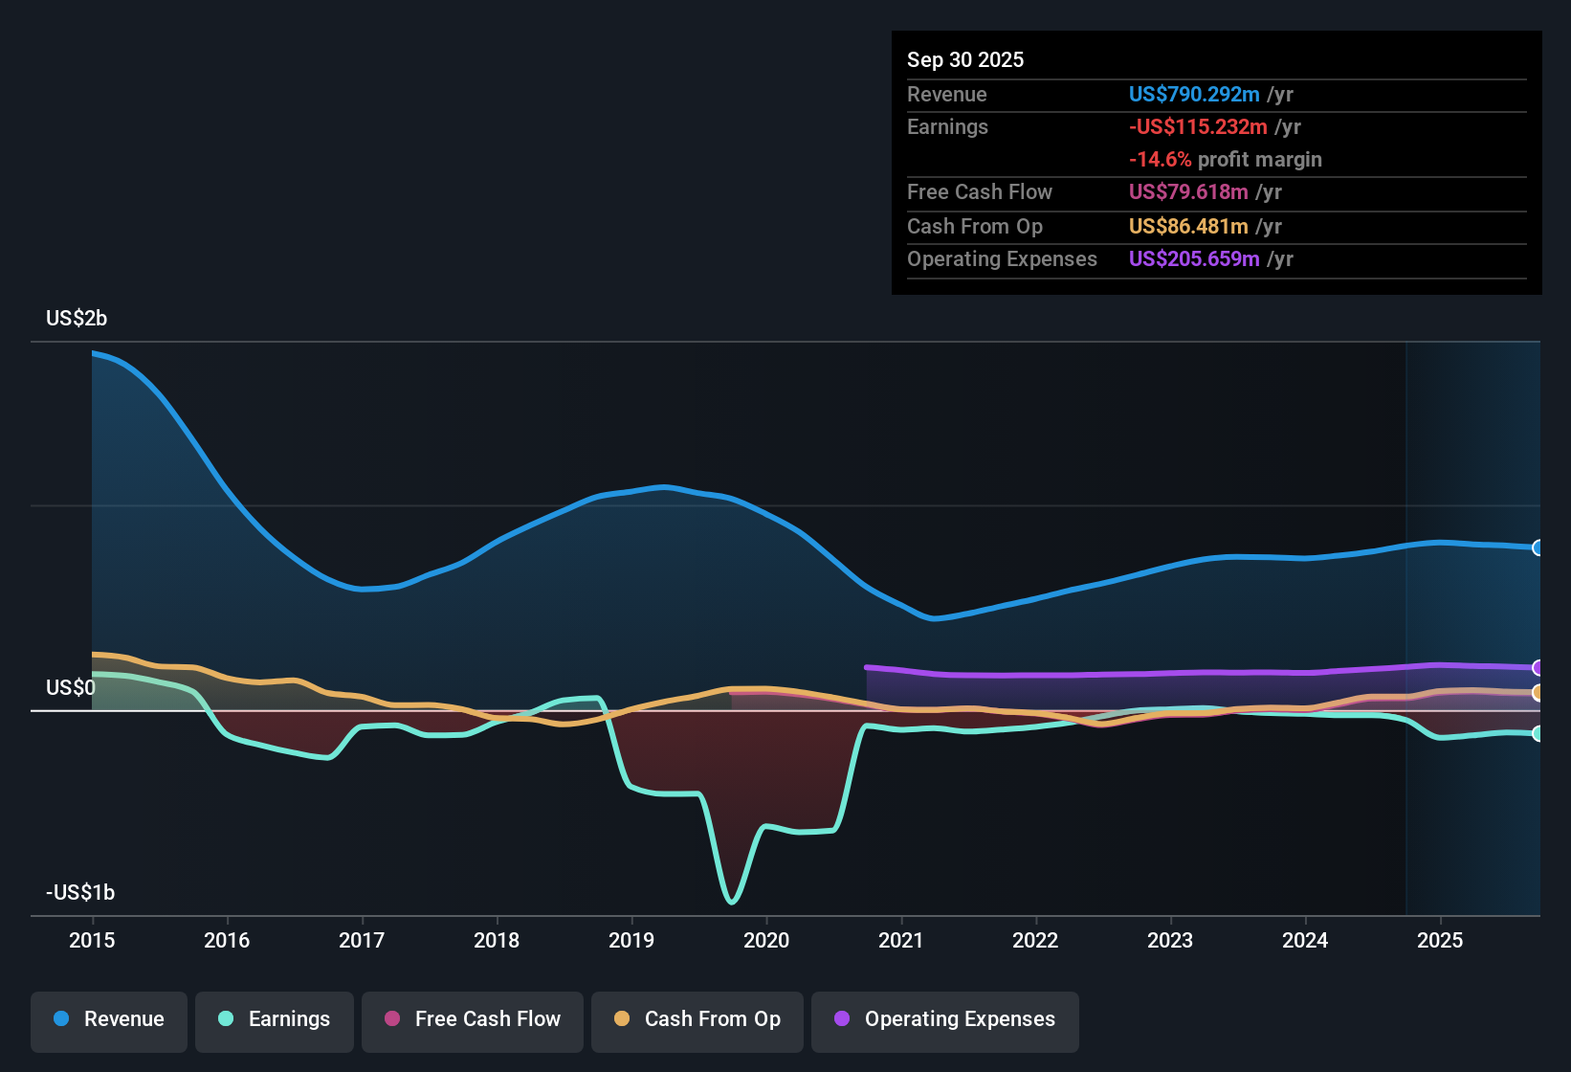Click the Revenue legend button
(109, 1019)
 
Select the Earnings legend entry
(275, 1019)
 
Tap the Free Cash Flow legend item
(473, 1019)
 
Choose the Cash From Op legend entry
(697, 1019)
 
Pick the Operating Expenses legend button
(945, 1019)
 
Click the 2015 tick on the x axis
(92, 940)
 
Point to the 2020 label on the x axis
(766, 940)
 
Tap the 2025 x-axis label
(1440, 940)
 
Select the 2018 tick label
(497, 940)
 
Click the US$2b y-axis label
(77, 318)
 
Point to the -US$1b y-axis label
(80, 892)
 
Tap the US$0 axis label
(71, 687)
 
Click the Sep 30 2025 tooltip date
(965, 59)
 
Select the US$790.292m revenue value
(1194, 94)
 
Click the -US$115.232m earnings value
(1198, 126)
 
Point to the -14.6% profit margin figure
(1161, 159)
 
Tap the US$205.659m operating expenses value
(1194, 258)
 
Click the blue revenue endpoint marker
(1538, 547)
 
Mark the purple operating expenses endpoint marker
(1538, 667)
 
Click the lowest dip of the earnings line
(732, 901)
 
